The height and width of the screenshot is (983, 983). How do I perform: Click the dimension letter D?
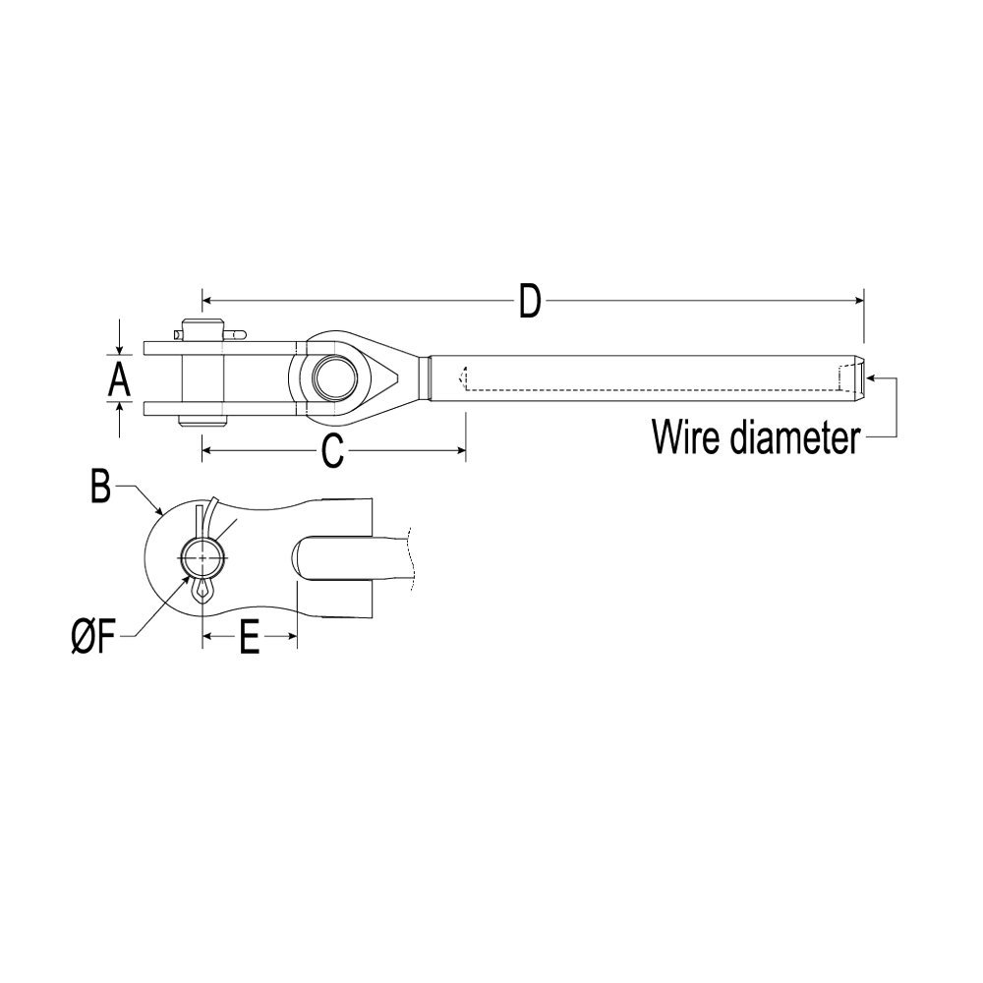(x=530, y=302)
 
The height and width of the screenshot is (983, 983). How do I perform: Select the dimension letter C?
(x=332, y=452)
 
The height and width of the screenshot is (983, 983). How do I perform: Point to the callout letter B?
(x=99, y=488)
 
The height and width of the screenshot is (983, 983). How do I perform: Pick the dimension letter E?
(x=249, y=639)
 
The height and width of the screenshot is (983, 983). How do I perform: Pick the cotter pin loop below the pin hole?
(x=203, y=591)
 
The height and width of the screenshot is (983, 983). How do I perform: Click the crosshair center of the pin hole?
(x=203, y=558)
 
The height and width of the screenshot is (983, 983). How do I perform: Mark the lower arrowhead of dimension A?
(x=119, y=408)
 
